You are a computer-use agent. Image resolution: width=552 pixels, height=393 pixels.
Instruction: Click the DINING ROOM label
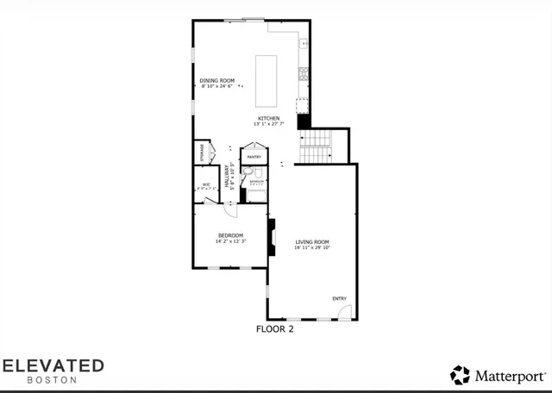pos(217,80)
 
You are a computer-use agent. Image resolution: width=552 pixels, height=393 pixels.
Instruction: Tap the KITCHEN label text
pos(267,118)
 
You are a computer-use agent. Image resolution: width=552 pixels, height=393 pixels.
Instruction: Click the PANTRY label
pos(254,158)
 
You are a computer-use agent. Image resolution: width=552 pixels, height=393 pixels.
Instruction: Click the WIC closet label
pos(206,184)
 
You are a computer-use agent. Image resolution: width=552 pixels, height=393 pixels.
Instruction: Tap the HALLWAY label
pos(228,176)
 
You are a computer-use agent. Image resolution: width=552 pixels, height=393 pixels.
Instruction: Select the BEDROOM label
pos(230,235)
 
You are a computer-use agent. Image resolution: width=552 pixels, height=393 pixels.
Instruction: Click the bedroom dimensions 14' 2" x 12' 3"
pos(230,241)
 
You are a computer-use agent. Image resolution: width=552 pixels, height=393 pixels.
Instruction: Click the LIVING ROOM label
pos(313,241)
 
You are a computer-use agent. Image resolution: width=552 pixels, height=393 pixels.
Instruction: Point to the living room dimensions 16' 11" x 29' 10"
pos(313,247)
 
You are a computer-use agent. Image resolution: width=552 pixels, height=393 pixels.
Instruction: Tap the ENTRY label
pos(340,299)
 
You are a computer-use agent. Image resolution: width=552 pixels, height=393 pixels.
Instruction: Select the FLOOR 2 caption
pos(276,328)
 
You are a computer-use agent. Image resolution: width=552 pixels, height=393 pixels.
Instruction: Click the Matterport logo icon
pos(460,375)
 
